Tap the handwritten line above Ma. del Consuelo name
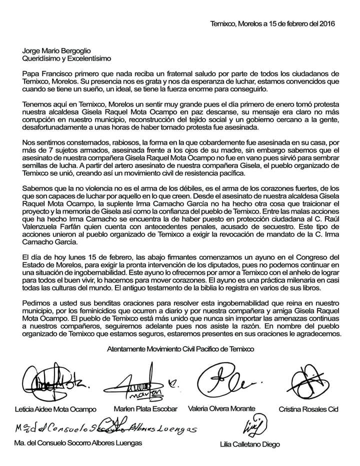[x=100, y=428]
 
